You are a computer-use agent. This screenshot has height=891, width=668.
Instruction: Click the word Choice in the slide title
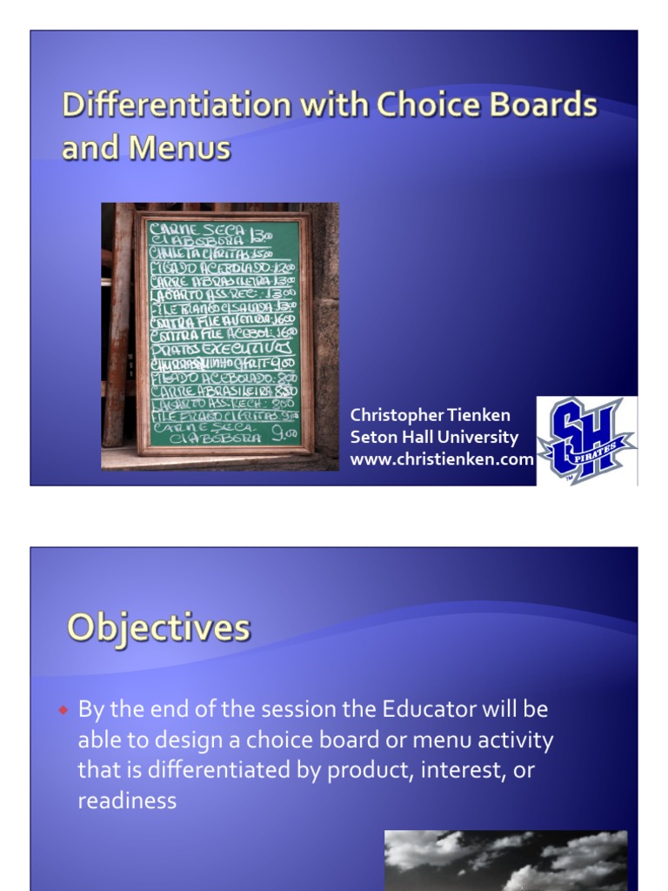pyautogui.click(x=421, y=106)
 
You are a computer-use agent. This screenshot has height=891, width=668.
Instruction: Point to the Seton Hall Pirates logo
pyautogui.click(x=586, y=440)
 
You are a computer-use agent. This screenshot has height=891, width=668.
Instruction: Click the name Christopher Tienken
pyautogui.click(x=430, y=415)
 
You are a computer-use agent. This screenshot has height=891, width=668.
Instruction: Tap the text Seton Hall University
pyautogui.click(x=433, y=437)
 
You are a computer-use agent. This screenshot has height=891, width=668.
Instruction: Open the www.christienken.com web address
pyautogui.click(x=441, y=459)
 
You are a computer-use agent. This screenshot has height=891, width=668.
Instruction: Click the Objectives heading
pyautogui.click(x=159, y=627)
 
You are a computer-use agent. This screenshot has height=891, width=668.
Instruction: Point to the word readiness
pyautogui.click(x=127, y=801)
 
